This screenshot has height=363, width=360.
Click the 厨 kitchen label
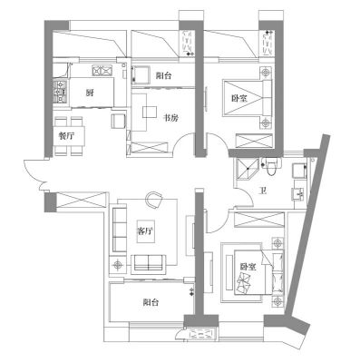click(89, 93)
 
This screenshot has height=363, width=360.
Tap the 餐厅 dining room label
click(66, 136)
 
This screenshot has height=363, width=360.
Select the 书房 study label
click(170, 118)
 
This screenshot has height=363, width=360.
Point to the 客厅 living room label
click(145, 231)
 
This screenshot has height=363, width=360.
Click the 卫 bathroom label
click(264, 191)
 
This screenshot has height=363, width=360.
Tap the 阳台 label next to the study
click(163, 75)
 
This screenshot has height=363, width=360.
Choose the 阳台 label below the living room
click(151, 302)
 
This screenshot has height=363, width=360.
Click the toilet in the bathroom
click(271, 166)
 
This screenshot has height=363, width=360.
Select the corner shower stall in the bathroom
click(247, 169)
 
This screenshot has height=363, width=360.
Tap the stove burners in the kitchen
click(61, 92)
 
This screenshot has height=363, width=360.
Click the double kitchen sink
click(102, 71)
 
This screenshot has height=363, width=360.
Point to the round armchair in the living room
click(154, 200)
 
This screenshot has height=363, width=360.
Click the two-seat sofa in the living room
click(149, 262)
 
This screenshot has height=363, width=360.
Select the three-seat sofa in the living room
click(120, 230)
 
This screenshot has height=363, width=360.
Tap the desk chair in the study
click(150, 112)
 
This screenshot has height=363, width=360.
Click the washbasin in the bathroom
click(298, 192)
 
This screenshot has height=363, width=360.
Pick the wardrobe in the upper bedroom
click(255, 142)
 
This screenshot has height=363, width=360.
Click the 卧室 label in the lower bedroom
click(248, 267)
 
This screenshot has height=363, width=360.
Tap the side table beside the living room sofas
click(117, 265)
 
